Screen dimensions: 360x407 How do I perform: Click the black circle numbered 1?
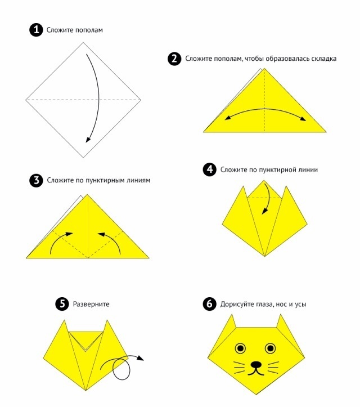coord(36,30)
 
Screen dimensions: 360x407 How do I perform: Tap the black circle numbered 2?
coord(174,59)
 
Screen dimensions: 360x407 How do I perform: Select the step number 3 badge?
coord(36,180)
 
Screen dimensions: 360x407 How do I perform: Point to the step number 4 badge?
coord(210,169)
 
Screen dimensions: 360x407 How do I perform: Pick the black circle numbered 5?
coord(62,303)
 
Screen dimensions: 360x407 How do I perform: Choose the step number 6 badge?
coord(210,303)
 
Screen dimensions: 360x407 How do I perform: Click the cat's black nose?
coord(256,364)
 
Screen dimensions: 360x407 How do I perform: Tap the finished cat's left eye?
coord(240,348)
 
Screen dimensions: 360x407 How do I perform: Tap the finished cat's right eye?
coord(270,348)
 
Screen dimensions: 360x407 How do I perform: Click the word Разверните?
coord(91,304)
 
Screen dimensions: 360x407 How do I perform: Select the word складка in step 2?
coord(323,59)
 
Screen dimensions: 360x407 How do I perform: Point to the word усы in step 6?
coord(300,304)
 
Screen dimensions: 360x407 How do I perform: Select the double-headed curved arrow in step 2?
coord(265,109)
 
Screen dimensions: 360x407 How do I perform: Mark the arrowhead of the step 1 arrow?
coord(88,140)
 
